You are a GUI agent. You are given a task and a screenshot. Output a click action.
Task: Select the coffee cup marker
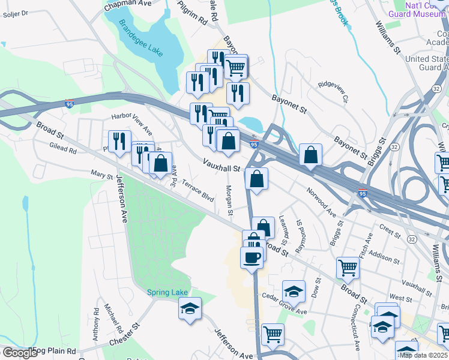(252, 258)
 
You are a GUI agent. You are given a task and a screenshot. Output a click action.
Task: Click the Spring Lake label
(167, 292)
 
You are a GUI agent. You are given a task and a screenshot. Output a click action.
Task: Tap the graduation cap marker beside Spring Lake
(190, 308)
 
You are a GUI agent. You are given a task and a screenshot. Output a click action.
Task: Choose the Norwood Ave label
(322, 202)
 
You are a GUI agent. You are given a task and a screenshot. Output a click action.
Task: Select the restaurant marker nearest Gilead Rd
(119, 142)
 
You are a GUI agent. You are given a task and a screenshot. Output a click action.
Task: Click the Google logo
(19, 353)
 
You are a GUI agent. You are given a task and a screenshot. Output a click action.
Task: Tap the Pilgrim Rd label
(192, 12)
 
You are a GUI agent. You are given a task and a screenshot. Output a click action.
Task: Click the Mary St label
(102, 175)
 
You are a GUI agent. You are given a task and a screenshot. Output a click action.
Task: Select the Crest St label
(390, 230)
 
